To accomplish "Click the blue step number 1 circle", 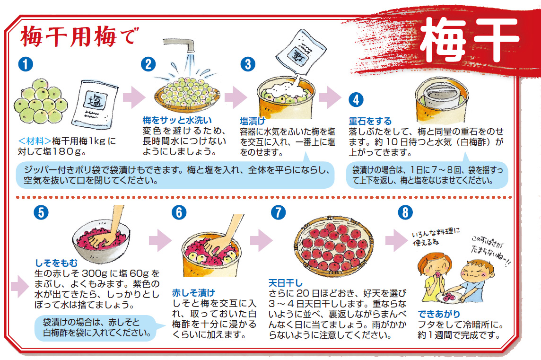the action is [x=26, y=64].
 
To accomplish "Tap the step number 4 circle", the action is [x=356, y=100].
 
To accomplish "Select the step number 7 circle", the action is [x=278, y=212].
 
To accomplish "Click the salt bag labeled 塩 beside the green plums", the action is [x=95, y=104].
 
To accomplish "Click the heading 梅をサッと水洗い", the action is [x=177, y=120].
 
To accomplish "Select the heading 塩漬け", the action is [x=253, y=121].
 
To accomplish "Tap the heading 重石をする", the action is [x=370, y=121].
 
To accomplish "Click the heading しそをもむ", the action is [x=56, y=263].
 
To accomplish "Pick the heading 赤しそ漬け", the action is [x=193, y=293].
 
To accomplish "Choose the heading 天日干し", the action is [x=285, y=283].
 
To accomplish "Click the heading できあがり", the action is [x=439, y=314].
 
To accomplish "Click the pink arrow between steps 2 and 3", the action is [x=236, y=97].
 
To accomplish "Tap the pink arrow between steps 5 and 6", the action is [x=160, y=240].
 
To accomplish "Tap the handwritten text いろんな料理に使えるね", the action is [x=436, y=237].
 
